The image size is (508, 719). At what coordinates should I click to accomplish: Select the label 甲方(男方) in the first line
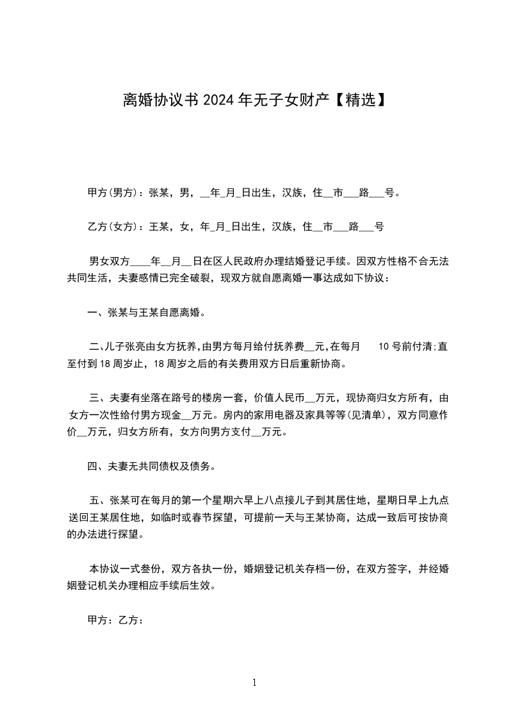(110, 192)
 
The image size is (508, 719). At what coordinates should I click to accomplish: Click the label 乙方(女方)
(110, 226)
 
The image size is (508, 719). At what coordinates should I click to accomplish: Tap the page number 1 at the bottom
(254, 682)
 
